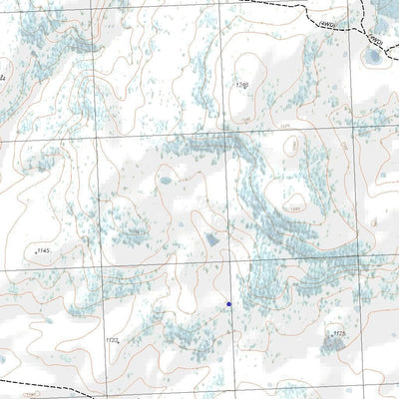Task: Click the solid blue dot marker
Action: coord(228,303)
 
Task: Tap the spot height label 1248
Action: coord(241,85)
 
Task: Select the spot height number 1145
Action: coord(43,249)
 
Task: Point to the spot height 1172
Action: coord(112,340)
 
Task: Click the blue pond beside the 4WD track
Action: coord(374,57)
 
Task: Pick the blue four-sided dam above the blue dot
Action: coord(211,240)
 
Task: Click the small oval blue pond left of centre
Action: coord(165,181)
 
